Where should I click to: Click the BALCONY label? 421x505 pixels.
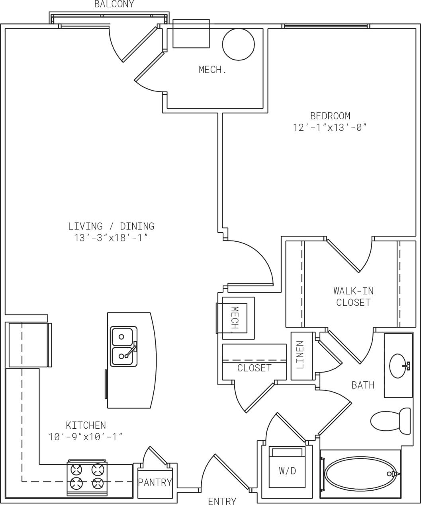(114, 4)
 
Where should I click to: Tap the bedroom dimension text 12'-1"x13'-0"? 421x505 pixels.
(330, 127)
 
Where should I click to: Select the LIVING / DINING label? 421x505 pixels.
(111, 226)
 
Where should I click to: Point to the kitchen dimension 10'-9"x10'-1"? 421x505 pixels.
(86, 437)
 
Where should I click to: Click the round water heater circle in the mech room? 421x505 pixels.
(238, 45)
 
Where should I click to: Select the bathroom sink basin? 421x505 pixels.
(399, 366)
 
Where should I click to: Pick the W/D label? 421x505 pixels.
(287, 471)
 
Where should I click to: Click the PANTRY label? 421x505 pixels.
(155, 482)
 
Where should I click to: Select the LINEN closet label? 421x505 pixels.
(300, 355)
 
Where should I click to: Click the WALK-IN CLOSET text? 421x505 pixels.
(353, 297)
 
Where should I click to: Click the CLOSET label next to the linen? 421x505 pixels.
(254, 368)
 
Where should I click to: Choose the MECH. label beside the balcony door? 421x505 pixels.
(213, 70)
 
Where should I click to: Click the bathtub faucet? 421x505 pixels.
(394, 474)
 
